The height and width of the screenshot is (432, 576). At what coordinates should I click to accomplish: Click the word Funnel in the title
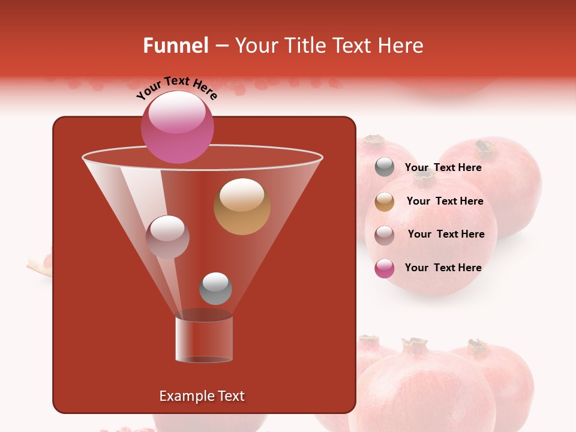[x=175, y=46]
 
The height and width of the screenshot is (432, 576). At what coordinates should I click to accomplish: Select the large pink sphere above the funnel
[x=178, y=127]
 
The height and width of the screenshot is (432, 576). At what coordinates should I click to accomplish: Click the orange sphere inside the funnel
[x=242, y=206]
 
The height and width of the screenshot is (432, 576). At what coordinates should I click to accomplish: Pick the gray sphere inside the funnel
[x=215, y=288]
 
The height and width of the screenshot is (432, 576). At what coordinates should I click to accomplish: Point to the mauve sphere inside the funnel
[x=167, y=236]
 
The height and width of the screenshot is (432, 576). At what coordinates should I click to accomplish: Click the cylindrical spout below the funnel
[x=204, y=339]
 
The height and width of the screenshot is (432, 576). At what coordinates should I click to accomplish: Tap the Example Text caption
[x=202, y=396]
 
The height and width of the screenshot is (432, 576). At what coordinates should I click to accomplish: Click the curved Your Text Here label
[x=176, y=88]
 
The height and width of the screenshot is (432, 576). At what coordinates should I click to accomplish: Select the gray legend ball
[x=385, y=167]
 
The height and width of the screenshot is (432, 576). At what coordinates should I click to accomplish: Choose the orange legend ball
[x=385, y=202]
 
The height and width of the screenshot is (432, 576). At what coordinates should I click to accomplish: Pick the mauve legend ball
[x=385, y=235]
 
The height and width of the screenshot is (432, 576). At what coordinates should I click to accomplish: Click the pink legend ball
[x=385, y=268]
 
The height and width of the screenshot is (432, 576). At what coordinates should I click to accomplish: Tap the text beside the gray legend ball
[x=443, y=168]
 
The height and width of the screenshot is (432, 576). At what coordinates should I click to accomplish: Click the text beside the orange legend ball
[x=445, y=202]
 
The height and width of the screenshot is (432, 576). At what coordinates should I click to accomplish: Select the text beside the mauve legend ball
[x=446, y=235]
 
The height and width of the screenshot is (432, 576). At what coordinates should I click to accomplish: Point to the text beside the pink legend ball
[x=443, y=268]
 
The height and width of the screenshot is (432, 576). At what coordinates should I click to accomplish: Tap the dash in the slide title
[x=221, y=46]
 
